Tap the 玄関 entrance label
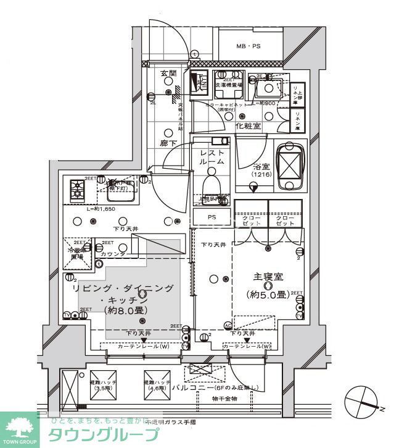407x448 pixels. pyautogui.click(x=168, y=74)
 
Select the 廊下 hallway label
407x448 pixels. pyautogui.click(x=168, y=143)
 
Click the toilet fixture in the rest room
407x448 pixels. pyautogui.click(x=211, y=183)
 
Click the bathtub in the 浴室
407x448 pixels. pyautogui.click(x=290, y=166)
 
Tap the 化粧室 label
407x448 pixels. pyautogui.click(x=248, y=126)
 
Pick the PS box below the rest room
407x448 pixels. pyautogui.click(x=212, y=217)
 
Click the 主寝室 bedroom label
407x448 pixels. pyautogui.click(x=268, y=277)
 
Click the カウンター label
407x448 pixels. pyautogui.click(x=115, y=254)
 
